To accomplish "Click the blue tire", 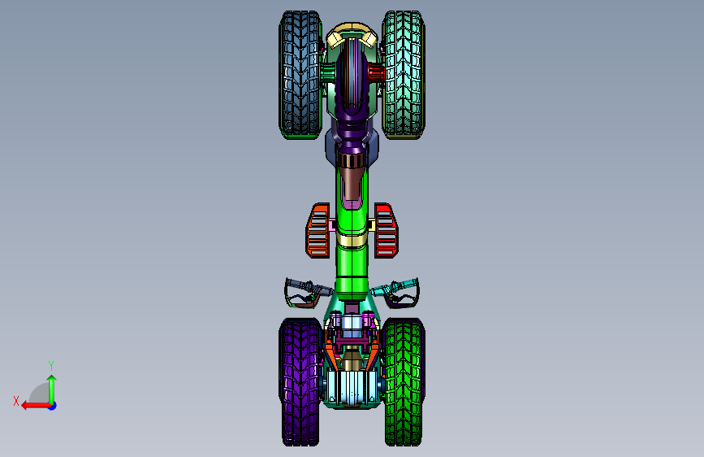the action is [x=300, y=75].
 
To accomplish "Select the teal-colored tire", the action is [x=404, y=75].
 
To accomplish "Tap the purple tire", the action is [x=300, y=382].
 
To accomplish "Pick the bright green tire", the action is [x=404, y=382].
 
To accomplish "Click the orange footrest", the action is [x=317, y=231].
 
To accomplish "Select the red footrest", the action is [x=386, y=231].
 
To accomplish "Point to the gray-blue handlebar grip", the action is [x=300, y=285].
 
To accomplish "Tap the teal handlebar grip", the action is [x=404, y=285].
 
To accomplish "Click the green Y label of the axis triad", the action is [x=51, y=365].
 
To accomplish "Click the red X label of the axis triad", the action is [x=16, y=401].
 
